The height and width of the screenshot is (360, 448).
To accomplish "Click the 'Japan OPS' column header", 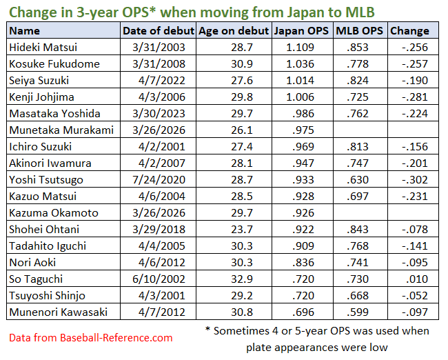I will click(x=301, y=31).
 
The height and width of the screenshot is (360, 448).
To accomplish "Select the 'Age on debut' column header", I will click(x=234, y=31).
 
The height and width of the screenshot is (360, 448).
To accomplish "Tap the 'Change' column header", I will click(x=409, y=31).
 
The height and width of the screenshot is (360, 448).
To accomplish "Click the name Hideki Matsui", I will click(x=43, y=47).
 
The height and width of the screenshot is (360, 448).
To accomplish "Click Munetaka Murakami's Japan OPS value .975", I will click(x=301, y=130).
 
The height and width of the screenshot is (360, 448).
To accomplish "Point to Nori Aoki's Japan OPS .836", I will click(x=301, y=262).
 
